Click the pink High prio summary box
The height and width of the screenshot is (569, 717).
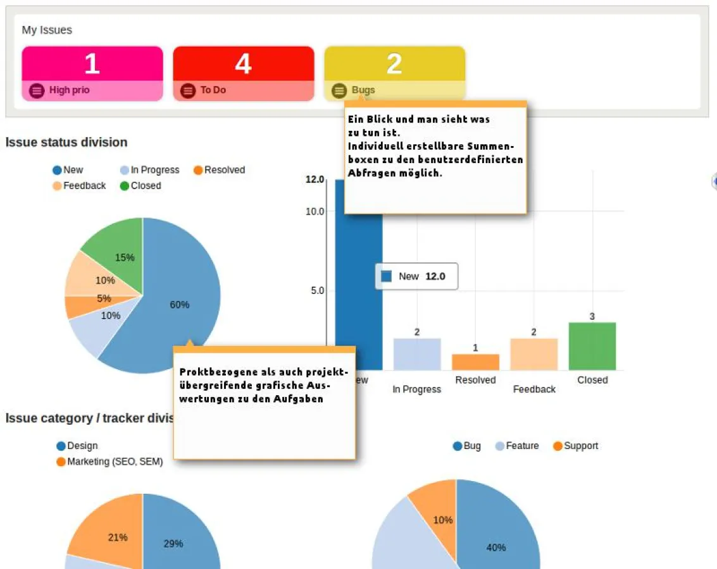pos(92,73)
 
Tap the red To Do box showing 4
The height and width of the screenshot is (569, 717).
pos(244,73)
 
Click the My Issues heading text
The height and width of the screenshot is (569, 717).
pos(47,30)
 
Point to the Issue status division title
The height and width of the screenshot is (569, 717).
pos(66,142)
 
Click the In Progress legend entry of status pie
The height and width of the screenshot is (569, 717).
pos(150,170)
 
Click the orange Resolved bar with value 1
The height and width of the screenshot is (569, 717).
pos(475,362)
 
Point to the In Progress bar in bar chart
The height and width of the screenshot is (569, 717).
pos(417,354)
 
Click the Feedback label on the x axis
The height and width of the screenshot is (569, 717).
pos(534,389)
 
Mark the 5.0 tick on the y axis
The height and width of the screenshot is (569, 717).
pos(316,291)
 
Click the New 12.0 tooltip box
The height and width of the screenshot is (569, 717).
pos(416,276)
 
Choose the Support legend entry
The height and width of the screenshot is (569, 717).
pos(575,446)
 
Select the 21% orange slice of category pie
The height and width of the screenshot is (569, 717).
pos(111,534)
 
